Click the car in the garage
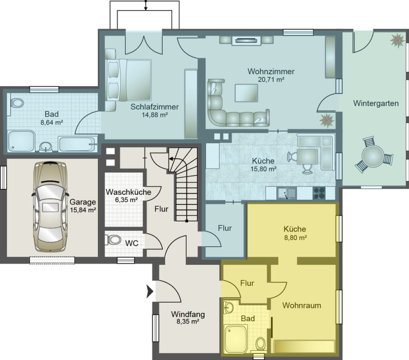pos(50,207)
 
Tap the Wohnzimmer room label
pos(271,71)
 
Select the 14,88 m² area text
pos(155,115)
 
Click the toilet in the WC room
pos(113,239)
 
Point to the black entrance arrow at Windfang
pos(150,291)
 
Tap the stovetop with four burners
pos(319,193)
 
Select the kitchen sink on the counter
pos(286,193)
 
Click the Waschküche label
pos(128,192)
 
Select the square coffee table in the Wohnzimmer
pos(246,93)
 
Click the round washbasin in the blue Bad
pos(46,147)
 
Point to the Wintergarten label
pos(376,103)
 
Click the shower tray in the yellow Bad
pos(235,338)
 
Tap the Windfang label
pos(188,314)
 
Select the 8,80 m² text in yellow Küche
pos(295,237)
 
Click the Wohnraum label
pos(302,305)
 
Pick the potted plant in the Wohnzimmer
pos(327,121)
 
